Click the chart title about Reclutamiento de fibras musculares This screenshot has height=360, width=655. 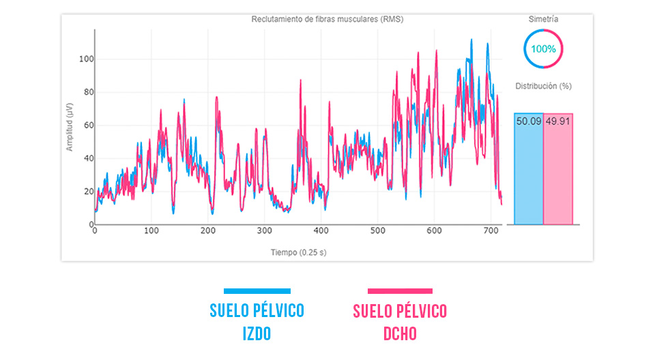click(327, 19)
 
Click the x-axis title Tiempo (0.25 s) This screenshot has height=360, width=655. click(298, 252)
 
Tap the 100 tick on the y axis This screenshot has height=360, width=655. click(85, 59)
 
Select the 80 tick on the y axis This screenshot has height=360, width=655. click(87, 92)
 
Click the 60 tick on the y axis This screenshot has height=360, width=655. click(87, 125)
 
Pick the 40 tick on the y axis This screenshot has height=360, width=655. click(87, 158)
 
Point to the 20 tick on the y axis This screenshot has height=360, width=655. click(87, 192)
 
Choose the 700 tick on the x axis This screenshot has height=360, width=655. click(490, 232)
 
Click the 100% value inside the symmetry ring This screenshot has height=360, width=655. click(544, 49)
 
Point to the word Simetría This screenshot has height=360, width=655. click(544, 20)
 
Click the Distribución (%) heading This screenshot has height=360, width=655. click(544, 86)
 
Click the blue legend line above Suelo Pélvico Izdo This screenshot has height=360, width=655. click(257, 291)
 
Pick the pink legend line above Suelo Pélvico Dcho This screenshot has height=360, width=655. click(400, 291)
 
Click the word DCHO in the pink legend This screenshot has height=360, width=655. click(400, 334)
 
